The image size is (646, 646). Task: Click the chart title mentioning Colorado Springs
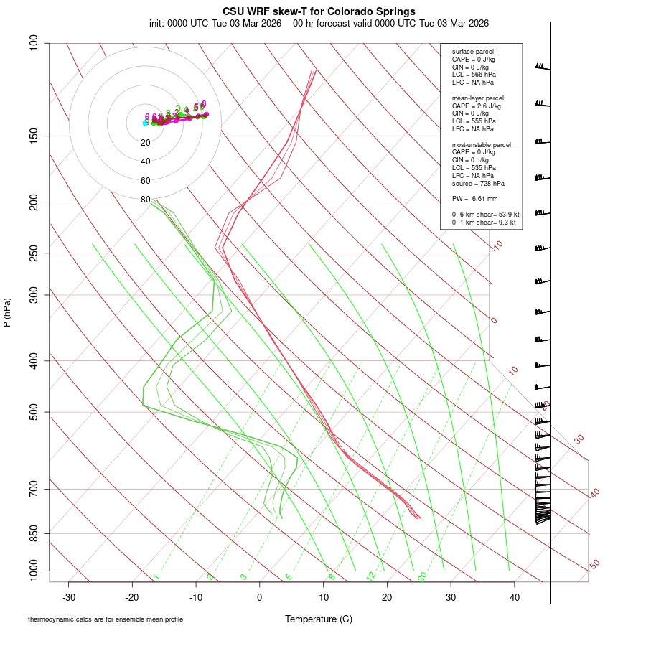coord(319,11)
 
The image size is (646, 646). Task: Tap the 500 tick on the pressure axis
coord(33,412)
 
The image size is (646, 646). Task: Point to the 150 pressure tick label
coord(33,136)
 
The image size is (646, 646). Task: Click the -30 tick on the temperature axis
coord(69,596)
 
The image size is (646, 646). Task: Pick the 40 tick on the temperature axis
coord(514,596)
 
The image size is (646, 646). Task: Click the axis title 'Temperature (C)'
coord(319,619)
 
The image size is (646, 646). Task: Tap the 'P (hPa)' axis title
coord(7,313)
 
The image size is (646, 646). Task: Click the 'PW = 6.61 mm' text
coord(474,199)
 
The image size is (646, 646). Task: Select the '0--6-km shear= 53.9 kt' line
coord(485,214)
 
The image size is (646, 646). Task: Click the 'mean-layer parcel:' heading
coord(479,98)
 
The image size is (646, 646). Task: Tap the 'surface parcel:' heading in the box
coord(474,52)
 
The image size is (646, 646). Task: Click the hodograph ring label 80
coord(146,200)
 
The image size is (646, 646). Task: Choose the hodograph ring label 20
coord(146,143)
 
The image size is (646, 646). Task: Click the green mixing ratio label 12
coord(371,576)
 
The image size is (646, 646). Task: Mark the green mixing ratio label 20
coord(422,576)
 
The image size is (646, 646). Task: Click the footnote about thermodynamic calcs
coord(106,619)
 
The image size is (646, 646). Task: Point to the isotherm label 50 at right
coord(594,564)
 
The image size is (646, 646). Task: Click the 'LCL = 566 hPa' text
coord(474,75)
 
